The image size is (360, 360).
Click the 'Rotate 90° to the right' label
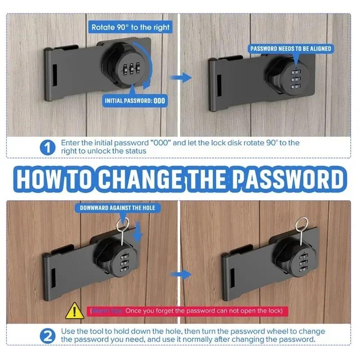(130, 27)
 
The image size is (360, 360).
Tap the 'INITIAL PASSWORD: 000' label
(135, 100)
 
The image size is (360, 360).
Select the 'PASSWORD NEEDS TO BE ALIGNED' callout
(291, 48)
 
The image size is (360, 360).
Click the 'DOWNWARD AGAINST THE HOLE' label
(117, 207)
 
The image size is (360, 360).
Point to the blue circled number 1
(47, 147)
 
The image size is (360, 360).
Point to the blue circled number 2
(47, 335)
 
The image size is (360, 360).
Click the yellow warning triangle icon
(72, 310)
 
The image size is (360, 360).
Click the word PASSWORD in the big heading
(290, 179)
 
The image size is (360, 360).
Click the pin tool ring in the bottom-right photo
(299, 223)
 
